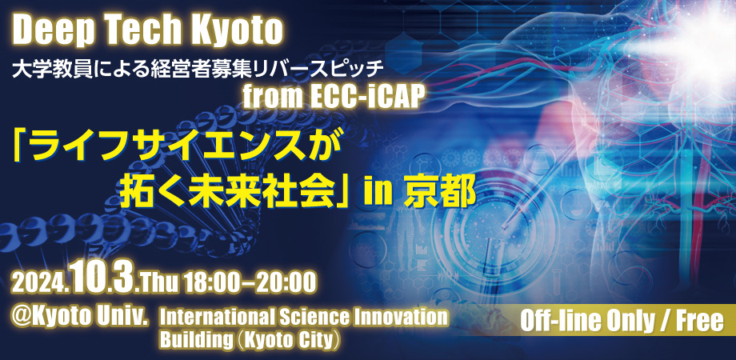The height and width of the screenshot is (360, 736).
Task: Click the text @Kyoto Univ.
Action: tap(80, 314)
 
